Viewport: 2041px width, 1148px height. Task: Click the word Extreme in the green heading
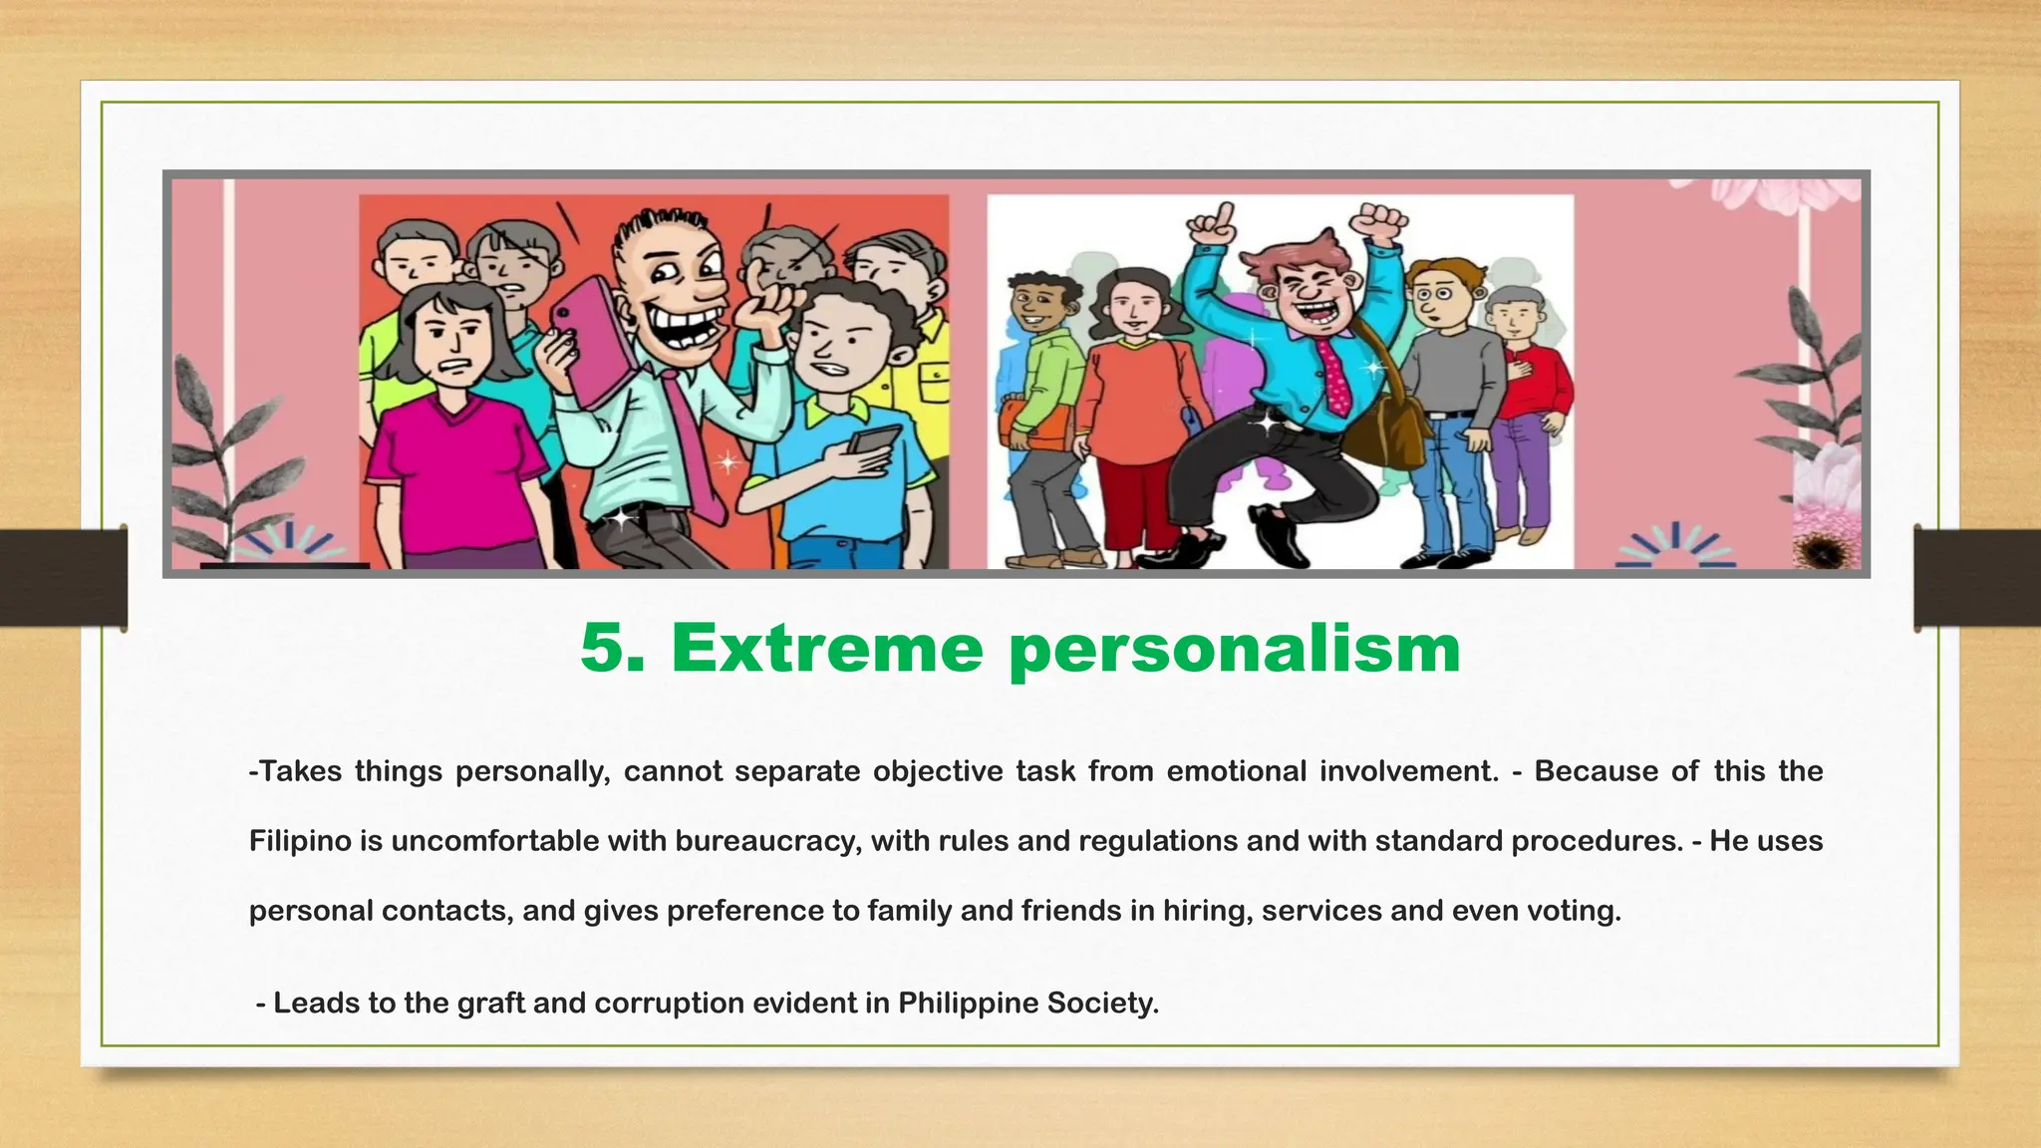point(827,648)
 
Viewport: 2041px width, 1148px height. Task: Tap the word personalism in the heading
point(1234,650)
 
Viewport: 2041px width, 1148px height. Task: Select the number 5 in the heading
point(609,648)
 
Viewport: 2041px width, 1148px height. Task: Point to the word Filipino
point(300,841)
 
